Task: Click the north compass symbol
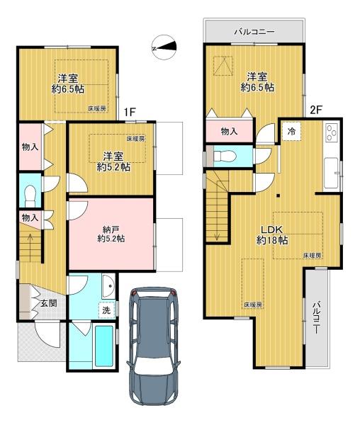(x=164, y=47)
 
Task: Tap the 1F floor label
(x=130, y=112)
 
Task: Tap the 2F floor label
(x=316, y=110)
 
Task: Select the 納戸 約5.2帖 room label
(x=111, y=234)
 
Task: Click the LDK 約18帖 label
(x=272, y=234)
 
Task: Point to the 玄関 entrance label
(x=49, y=303)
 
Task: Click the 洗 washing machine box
(x=106, y=310)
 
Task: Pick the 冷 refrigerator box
(x=292, y=132)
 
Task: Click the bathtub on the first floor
(x=104, y=346)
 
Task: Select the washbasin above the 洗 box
(x=109, y=286)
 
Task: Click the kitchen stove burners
(x=332, y=132)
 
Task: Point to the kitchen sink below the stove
(x=331, y=173)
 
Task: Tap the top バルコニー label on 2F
(x=254, y=32)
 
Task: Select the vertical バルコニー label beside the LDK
(x=316, y=317)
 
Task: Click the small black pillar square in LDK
(x=278, y=195)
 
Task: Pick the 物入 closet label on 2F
(x=230, y=132)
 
